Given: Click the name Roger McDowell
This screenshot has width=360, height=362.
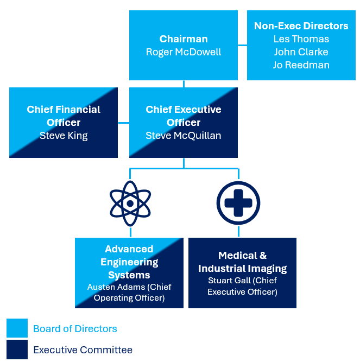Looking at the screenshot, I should (x=184, y=52).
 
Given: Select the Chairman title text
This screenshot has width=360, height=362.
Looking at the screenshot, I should (x=184, y=39).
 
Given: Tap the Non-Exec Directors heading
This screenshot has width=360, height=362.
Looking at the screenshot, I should (x=301, y=26).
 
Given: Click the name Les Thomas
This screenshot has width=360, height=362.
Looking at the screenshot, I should (x=301, y=39).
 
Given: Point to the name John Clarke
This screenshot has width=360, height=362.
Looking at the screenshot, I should (x=301, y=52).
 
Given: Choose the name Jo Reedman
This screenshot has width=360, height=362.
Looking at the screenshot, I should (x=301, y=65).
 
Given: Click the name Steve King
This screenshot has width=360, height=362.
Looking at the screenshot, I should (x=64, y=136).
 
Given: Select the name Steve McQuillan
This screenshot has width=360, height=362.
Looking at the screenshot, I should (x=184, y=136).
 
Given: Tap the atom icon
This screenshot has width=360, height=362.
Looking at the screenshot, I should (x=130, y=204).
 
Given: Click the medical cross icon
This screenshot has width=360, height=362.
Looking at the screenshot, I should (x=238, y=204).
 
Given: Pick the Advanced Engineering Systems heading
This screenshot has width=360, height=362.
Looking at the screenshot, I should (x=129, y=262).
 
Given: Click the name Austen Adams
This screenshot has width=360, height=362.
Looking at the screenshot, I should (x=109, y=287).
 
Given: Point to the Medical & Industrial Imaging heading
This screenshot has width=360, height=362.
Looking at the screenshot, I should (x=242, y=262).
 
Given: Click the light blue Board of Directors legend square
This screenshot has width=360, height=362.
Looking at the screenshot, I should (x=17, y=328).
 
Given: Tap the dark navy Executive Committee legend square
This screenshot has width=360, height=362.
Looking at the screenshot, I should (x=17, y=350).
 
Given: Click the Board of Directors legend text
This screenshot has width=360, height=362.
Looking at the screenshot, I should (x=75, y=328).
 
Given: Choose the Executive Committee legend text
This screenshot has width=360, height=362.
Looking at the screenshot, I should (x=83, y=350).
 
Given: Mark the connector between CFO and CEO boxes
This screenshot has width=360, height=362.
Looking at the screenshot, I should (x=123, y=123).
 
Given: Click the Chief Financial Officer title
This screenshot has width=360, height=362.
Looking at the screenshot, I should (x=64, y=116).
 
